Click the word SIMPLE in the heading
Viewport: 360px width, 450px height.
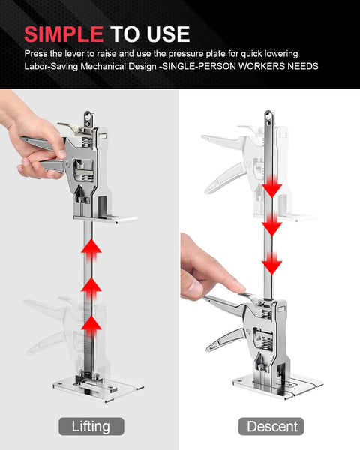pos(64,34)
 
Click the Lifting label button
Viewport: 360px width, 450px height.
pos(91,426)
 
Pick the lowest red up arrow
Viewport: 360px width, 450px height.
pos(91,324)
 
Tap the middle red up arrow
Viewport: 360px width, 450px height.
pos(91,287)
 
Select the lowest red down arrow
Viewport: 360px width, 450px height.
pos(271,262)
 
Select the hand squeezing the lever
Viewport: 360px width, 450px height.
pos(34,142)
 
